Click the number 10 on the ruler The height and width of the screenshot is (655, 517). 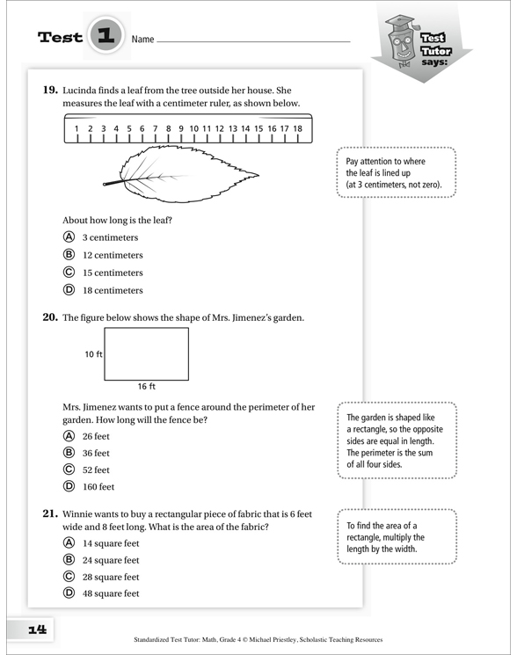(x=193, y=128)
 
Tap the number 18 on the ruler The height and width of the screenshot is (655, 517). (x=297, y=128)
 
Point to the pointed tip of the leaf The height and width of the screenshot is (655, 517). (x=258, y=175)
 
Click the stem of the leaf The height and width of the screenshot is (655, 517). (x=113, y=183)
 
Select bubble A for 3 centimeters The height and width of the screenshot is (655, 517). (x=69, y=237)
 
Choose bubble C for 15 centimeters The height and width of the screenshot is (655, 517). (x=69, y=273)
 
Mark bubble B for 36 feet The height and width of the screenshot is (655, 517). (x=69, y=453)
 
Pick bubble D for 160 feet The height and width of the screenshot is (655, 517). (x=69, y=486)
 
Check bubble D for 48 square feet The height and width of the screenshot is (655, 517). (x=69, y=593)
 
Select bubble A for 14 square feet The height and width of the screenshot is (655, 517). (x=69, y=542)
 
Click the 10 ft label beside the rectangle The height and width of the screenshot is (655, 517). (x=93, y=354)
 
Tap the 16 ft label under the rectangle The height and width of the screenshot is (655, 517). (x=147, y=386)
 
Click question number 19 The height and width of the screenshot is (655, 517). (x=50, y=90)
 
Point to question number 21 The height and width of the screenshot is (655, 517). (x=50, y=513)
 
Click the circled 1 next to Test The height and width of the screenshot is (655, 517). (x=106, y=35)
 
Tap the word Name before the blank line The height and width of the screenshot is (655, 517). (x=142, y=40)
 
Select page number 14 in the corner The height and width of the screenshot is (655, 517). (x=38, y=630)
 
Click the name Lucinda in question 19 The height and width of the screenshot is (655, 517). (x=79, y=91)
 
